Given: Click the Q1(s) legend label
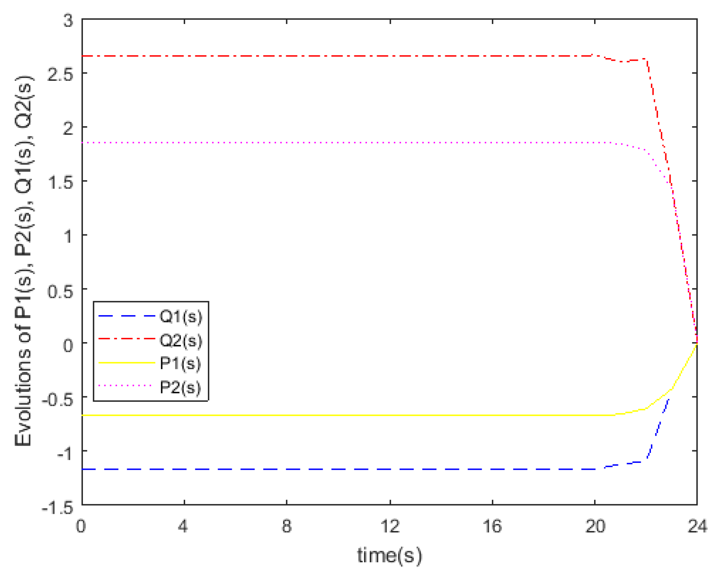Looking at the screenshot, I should [x=181, y=316].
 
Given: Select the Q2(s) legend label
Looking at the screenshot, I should [x=181, y=340].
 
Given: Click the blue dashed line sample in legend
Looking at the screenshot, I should [x=126, y=316].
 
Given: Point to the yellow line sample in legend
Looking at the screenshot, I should [x=126, y=362].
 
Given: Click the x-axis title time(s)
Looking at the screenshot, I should [x=389, y=555].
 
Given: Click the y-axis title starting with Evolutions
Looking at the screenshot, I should [x=24, y=261].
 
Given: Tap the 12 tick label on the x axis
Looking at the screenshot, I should [x=390, y=526].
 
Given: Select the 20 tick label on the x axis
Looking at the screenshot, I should [x=595, y=526].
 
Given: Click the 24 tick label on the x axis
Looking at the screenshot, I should [x=697, y=526].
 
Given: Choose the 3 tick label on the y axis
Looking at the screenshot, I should [x=68, y=20].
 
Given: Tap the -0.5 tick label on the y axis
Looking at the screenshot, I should [x=58, y=399].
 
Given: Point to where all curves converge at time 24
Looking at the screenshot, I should [x=697, y=343].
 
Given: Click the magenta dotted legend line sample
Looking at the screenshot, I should [x=126, y=385].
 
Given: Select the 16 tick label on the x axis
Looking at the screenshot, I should [x=492, y=526].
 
